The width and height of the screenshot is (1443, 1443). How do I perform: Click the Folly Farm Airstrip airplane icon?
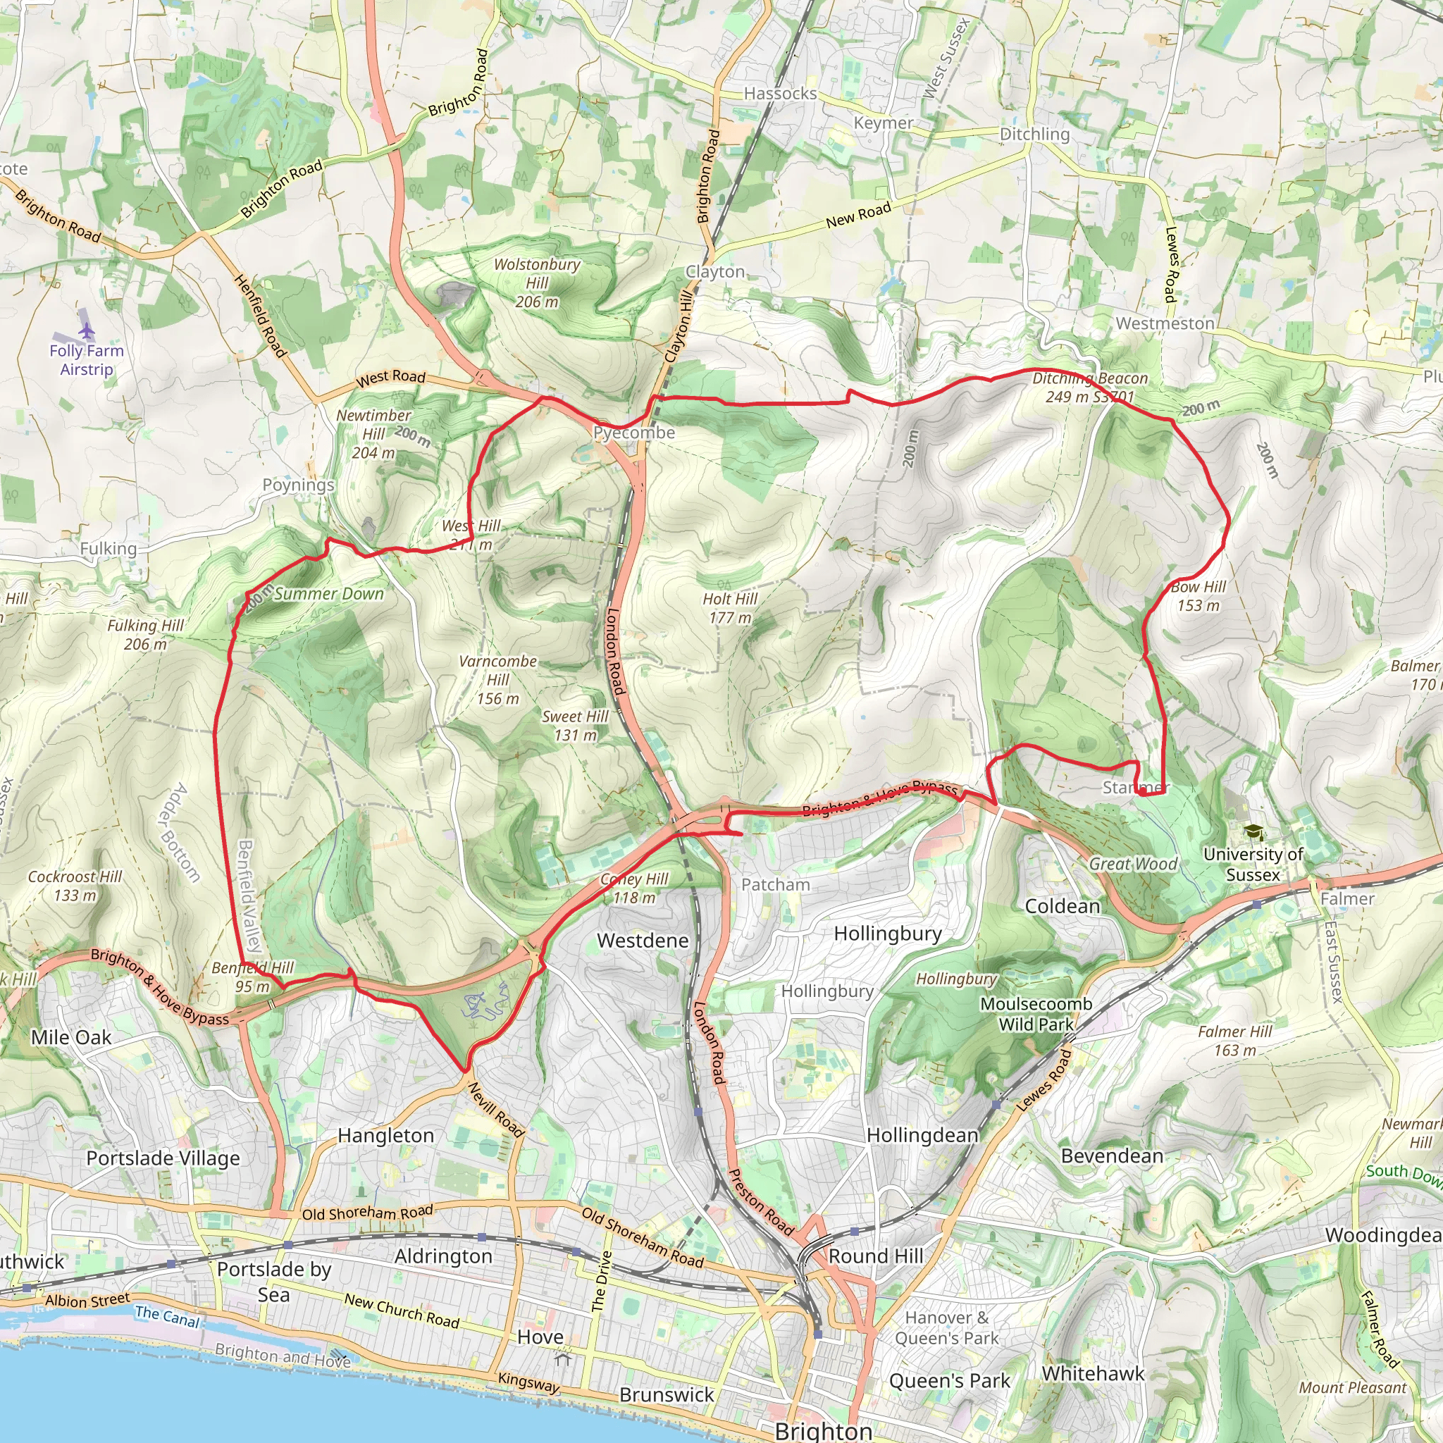87,331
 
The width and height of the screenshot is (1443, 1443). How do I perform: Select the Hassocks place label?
780,94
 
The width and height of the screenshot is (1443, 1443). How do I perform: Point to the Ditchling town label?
1034,134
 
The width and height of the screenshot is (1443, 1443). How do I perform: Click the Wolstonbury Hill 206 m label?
536,283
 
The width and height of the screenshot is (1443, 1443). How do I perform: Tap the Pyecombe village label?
633,433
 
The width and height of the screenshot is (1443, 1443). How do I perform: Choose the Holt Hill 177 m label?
730,608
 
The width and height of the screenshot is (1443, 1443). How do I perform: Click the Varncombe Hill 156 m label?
497,680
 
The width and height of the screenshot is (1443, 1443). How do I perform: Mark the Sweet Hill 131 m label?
575,725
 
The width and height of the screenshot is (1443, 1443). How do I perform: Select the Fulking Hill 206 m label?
145,634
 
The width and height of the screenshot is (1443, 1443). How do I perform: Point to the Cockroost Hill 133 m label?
75,885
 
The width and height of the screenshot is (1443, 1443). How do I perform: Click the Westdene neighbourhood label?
643,941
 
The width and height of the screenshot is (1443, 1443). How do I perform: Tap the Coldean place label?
1062,906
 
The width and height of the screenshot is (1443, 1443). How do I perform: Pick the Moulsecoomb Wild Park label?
1036,1013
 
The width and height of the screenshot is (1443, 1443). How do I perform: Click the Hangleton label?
385,1135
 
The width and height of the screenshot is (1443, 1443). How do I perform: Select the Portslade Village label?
163,1158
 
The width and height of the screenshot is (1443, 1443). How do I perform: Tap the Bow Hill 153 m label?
1198,596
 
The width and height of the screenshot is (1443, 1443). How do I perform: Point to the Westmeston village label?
1165,323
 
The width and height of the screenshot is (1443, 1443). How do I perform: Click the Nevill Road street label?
496,1110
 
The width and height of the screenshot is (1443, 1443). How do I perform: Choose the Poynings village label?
298,485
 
